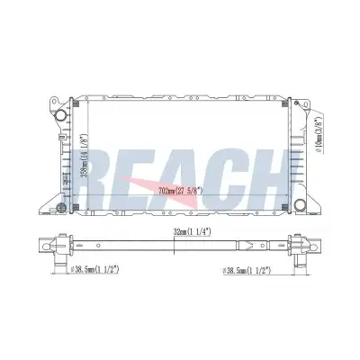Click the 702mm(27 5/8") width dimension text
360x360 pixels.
180,190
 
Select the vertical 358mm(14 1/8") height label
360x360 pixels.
85,156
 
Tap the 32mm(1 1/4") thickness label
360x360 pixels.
193,231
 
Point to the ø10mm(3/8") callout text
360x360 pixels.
319,135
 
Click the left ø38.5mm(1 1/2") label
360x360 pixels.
94,269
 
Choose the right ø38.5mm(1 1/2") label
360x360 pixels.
247,270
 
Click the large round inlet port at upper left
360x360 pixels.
61,114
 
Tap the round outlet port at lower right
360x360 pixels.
299,204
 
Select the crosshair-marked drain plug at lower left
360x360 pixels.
61,207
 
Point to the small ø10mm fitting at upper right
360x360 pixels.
296,103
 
